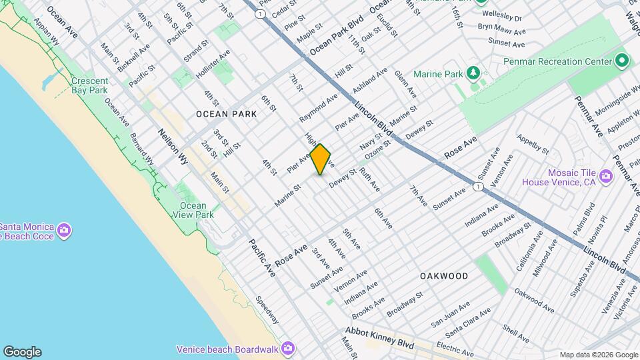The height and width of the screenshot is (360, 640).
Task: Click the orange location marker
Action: [x=321, y=159]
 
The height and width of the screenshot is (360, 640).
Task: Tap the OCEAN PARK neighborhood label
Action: [x=227, y=114]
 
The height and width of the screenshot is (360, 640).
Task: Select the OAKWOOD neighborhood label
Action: [x=444, y=275]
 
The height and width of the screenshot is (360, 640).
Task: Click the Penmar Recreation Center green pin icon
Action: [x=622, y=61]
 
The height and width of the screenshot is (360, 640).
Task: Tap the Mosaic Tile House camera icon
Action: [x=605, y=176]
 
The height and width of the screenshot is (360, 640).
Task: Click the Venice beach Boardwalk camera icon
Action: [x=287, y=348]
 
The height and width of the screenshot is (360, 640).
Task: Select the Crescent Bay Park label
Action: [x=90, y=85]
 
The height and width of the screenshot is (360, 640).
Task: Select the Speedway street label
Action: [x=267, y=311]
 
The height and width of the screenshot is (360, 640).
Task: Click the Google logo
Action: [x=22, y=352]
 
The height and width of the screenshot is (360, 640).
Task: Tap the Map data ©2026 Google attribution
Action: [x=598, y=355]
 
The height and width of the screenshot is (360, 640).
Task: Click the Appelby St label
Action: [x=533, y=144]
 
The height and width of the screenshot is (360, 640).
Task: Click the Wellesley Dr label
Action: [x=502, y=16]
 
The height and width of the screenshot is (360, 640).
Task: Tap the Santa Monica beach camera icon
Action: [x=64, y=231]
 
